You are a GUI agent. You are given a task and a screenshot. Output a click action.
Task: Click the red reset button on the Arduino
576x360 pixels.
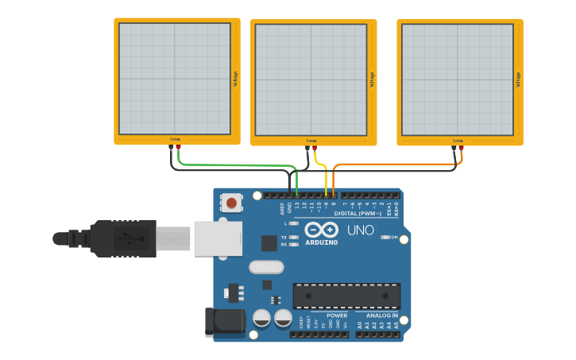coord(231,203)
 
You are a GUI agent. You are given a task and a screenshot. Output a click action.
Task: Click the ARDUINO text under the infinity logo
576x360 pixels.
coord(321,242)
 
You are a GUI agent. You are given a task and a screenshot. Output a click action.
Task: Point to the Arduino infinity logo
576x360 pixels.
coord(321,230)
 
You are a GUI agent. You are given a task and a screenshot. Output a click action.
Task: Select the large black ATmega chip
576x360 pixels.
coord(346,295)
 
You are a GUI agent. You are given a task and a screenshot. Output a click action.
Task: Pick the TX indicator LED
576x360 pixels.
coord(293,238)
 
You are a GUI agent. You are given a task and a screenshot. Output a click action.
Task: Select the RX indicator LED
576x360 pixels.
coord(293,245)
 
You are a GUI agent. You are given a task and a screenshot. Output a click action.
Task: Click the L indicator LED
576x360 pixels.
coord(293,224)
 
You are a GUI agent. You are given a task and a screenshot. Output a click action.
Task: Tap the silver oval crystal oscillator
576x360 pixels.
coord(266,267)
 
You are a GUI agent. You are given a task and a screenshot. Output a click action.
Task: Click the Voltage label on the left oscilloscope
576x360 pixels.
coord(235,79)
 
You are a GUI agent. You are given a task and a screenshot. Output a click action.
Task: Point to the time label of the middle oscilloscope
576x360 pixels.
coord(311,141)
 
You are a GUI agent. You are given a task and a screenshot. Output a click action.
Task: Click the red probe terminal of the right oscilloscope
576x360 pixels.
coord(462,148)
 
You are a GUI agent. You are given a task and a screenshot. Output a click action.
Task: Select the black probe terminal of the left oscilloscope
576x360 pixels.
coord(171,147)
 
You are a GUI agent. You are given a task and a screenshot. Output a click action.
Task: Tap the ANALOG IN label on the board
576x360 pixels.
coord(382,315)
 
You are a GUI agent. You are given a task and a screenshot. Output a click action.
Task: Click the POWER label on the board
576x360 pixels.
coord(337,315)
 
